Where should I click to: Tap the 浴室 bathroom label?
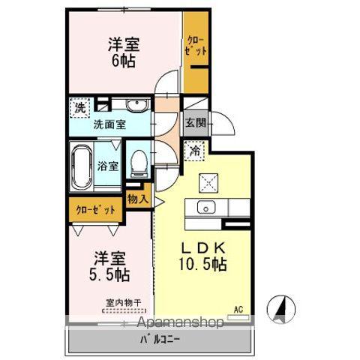108,166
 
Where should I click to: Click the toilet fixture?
139,164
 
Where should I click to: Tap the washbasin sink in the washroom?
135,106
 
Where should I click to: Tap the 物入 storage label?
137,199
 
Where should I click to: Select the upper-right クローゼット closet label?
196,45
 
